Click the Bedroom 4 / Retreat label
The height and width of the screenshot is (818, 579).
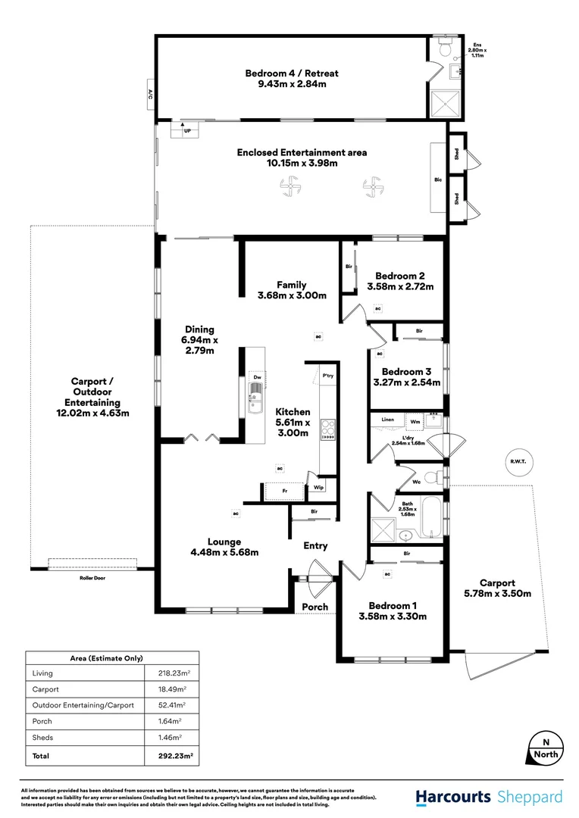(291, 73)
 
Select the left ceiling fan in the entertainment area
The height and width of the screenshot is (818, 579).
(289, 185)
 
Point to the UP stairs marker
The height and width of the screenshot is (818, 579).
(186, 131)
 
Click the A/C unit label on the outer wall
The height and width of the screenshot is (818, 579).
(150, 95)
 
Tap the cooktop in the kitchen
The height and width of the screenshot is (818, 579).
(328, 429)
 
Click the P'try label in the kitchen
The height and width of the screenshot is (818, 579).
(328, 376)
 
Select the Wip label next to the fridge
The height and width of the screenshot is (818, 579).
(319, 488)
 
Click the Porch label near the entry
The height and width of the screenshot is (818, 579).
(315, 607)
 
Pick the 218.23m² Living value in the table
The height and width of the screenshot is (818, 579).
(171, 673)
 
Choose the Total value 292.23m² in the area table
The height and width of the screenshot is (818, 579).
(171, 755)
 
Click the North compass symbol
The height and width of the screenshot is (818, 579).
(546, 748)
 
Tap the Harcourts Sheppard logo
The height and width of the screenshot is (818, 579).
(489, 797)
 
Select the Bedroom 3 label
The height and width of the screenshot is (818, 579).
(401, 372)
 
